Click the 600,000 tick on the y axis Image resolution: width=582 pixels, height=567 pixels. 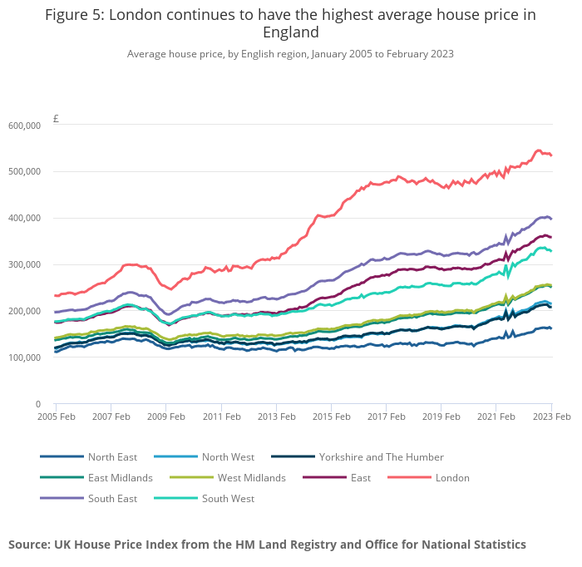tap(24, 126)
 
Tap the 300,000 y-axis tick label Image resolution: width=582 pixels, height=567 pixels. tap(24, 265)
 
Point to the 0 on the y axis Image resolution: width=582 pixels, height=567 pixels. tap(37, 404)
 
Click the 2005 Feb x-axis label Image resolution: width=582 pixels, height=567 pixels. tap(56, 417)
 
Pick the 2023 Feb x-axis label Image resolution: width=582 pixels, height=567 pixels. tap(551, 417)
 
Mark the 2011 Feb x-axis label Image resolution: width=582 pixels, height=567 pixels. tap(222, 417)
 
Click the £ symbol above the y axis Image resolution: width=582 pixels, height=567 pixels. tap(56, 119)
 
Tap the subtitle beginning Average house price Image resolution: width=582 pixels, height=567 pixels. tap(290, 54)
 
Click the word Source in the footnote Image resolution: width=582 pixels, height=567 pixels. tap(29, 545)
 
